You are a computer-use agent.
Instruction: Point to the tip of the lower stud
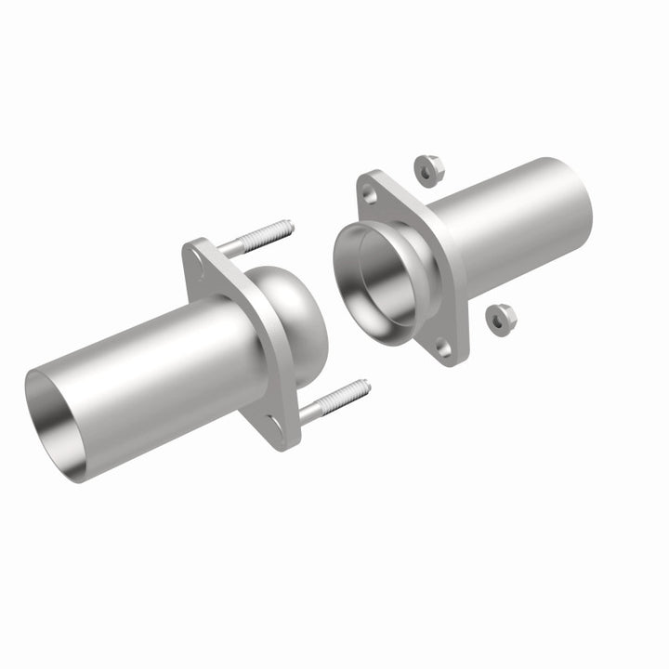pos(365,383)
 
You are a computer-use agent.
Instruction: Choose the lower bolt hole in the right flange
pos(443,348)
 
